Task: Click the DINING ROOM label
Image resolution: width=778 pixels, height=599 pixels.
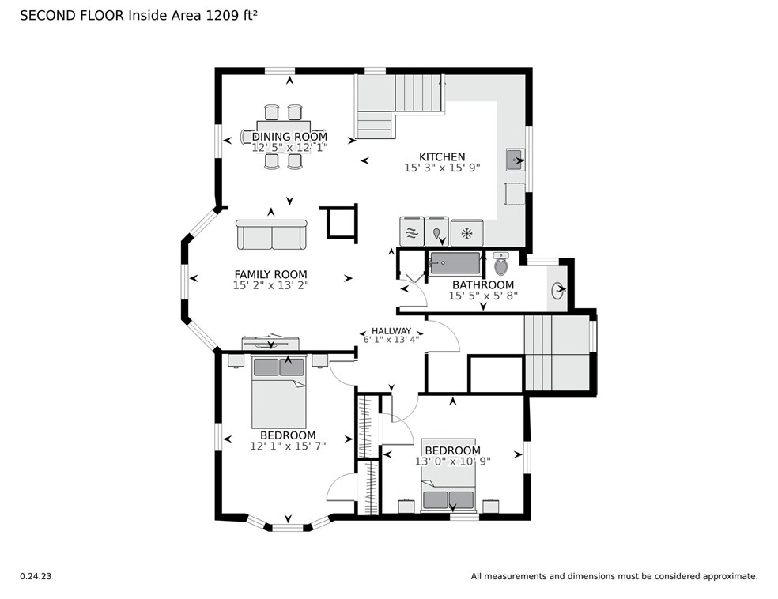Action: click(x=289, y=137)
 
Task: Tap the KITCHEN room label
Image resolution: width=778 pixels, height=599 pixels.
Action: click(x=442, y=156)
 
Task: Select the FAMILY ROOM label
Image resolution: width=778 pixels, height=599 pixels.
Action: click(x=271, y=274)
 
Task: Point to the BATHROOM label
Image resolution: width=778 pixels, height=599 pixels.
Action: click(x=483, y=284)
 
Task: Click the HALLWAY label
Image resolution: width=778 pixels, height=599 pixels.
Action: click(x=391, y=331)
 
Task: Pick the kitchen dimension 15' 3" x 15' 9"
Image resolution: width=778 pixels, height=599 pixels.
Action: click(x=442, y=168)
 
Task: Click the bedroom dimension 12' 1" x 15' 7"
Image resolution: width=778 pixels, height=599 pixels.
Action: click(x=288, y=446)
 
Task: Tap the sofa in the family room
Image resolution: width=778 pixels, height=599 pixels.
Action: click(x=271, y=235)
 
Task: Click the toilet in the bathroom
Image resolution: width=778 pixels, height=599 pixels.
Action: click(x=501, y=263)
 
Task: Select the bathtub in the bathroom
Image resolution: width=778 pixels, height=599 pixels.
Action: click(x=455, y=263)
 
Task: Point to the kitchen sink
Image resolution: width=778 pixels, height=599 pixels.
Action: click(x=515, y=160)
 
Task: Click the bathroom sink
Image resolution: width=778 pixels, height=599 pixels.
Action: click(x=558, y=289)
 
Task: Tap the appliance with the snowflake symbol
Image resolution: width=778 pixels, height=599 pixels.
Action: click(x=467, y=233)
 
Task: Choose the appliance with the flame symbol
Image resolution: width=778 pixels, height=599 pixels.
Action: click(x=436, y=232)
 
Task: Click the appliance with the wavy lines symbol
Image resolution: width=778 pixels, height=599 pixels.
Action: click(x=412, y=232)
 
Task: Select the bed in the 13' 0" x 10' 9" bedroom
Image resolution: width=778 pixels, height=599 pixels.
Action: click(x=448, y=475)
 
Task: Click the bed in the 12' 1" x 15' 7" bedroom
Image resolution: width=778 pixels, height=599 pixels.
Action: click(x=278, y=391)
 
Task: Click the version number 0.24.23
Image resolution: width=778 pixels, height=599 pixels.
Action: click(x=36, y=576)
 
